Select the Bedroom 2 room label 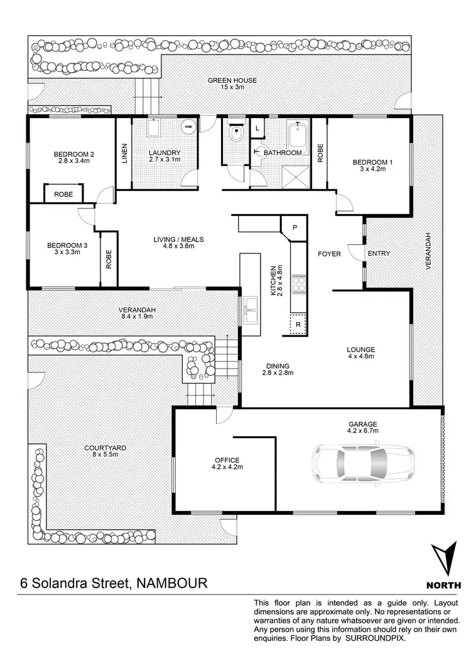[73, 154]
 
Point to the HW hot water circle [188, 127]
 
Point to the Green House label [233, 80]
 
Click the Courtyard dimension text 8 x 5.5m [105, 454]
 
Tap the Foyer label [329, 254]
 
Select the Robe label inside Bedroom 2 [63, 195]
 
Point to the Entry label [379, 254]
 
